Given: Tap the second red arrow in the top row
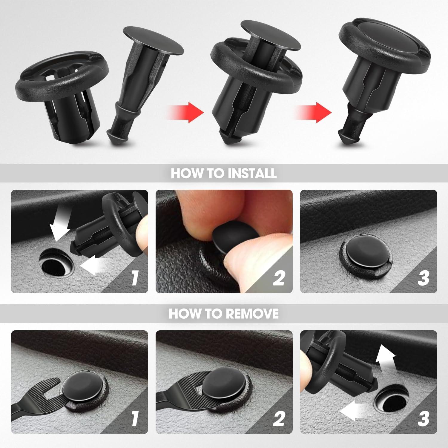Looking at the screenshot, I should coord(315,112).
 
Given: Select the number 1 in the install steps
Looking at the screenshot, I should coord(135,278).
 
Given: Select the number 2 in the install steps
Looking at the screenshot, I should coord(278,278).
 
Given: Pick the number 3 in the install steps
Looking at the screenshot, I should coord(423,278).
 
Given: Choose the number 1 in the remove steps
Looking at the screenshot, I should coord(135,418).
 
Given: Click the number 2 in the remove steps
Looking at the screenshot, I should coord(278,418).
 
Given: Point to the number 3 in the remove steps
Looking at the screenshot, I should coord(423,418).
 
